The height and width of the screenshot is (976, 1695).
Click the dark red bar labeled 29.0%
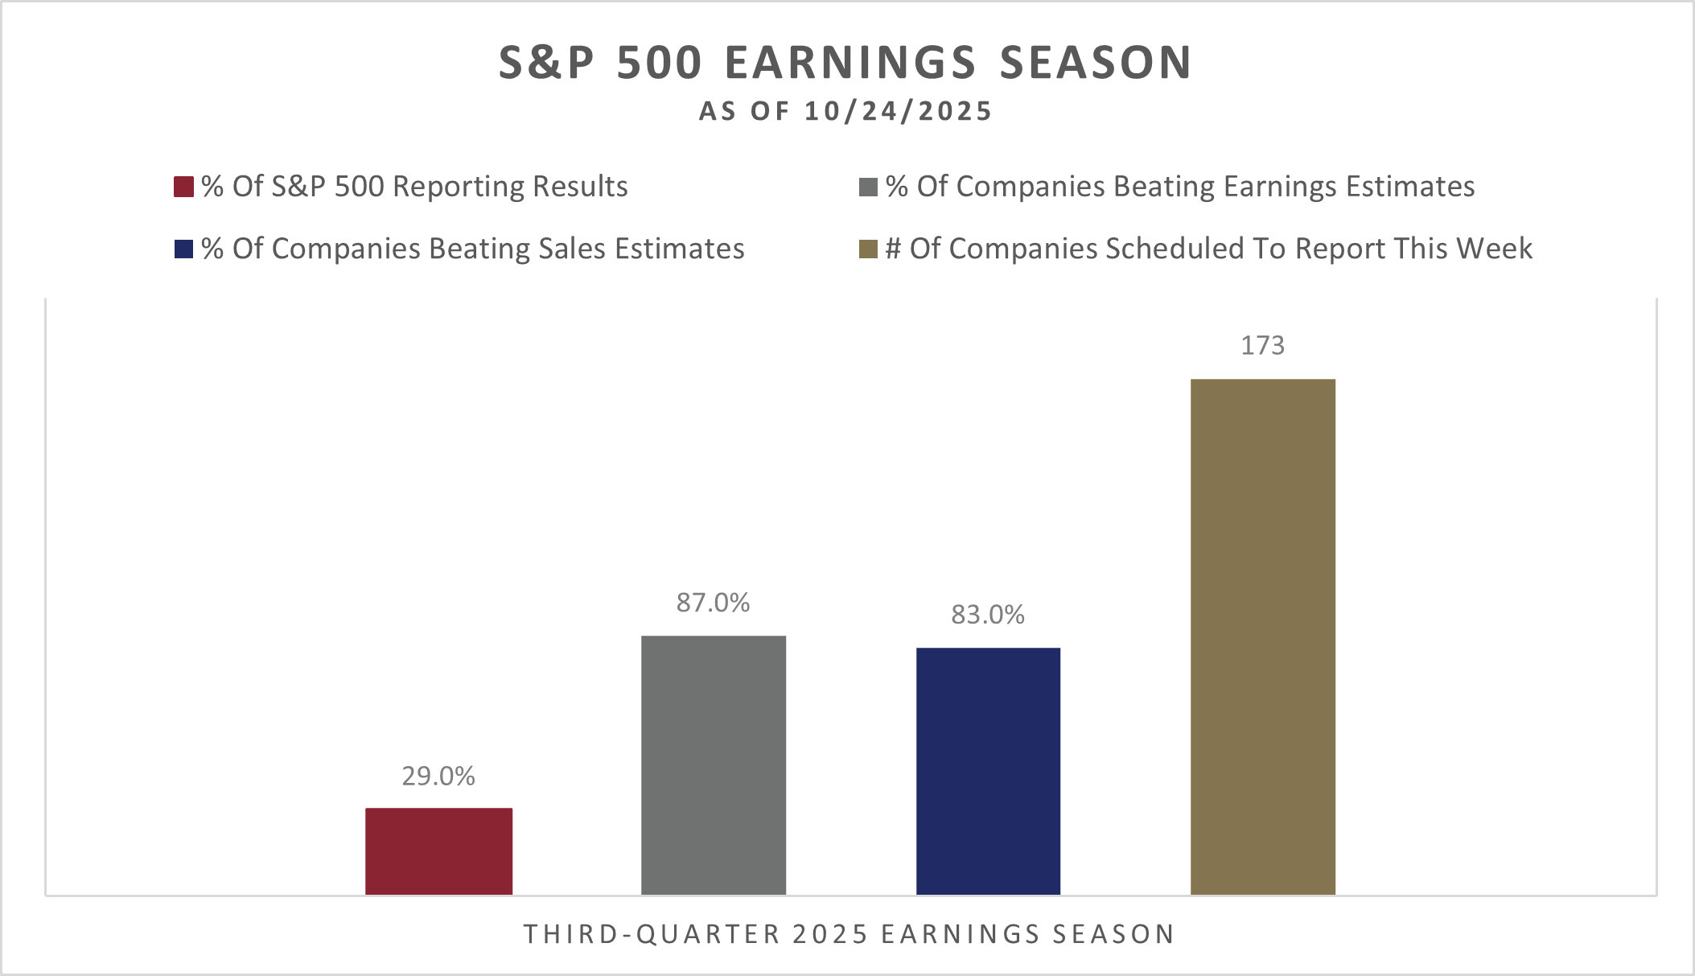(x=438, y=850)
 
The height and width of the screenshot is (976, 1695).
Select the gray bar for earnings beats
(x=713, y=764)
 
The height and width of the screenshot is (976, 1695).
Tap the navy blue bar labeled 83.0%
(x=988, y=770)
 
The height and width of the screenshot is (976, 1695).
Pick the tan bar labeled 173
(x=1262, y=636)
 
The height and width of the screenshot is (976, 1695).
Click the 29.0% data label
(x=438, y=776)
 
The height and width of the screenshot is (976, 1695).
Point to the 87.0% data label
(x=713, y=603)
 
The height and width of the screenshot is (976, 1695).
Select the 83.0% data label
(x=988, y=615)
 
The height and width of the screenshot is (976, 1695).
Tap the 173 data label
(x=1262, y=345)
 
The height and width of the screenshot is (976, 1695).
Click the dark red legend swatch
(x=184, y=187)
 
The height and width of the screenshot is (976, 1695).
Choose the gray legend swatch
(x=868, y=187)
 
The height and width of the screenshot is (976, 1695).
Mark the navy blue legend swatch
(x=184, y=249)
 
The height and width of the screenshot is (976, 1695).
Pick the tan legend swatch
(x=868, y=249)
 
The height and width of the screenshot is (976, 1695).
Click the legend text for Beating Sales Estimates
(x=472, y=249)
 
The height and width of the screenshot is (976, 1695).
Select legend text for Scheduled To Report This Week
(x=1208, y=249)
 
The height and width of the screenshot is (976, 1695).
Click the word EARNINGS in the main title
(x=850, y=63)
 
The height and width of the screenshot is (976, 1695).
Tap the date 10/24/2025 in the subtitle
(x=898, y=111)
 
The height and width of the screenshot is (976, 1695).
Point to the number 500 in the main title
(x=660, y=63)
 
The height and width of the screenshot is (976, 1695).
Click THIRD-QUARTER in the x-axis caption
(x=652, y=934)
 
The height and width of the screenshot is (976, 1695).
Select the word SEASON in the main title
(x=1096, y=63)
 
